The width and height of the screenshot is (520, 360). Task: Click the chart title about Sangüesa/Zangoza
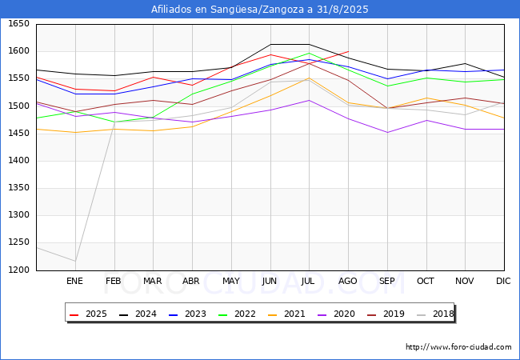coord(260,10)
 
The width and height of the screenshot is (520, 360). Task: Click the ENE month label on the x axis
coord(74,281)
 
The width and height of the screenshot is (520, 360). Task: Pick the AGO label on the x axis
coord(348,281)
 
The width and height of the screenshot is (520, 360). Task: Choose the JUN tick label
coord(270,281)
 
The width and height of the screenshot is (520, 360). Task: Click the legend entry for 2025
coord(90,314)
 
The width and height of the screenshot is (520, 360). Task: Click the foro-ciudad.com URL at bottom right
coord(458,347)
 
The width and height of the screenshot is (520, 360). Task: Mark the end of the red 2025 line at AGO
coord(348,51)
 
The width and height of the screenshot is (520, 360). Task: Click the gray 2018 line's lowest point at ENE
coord(74,261)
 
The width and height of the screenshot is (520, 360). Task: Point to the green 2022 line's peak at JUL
coord(309,54)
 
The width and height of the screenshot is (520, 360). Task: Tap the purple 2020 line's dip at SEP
coord(387,132)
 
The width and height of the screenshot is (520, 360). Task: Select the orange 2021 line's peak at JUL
coord(309,78)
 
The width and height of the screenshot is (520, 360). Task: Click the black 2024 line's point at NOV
coord(465,63)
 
